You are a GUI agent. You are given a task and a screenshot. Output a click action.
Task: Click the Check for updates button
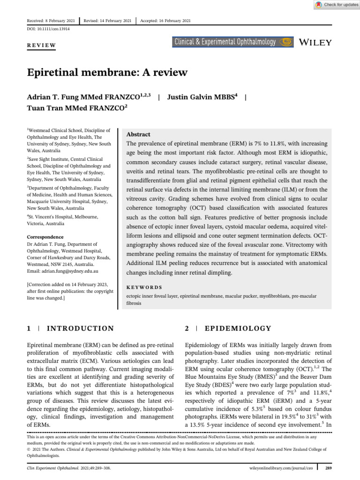[337, 5]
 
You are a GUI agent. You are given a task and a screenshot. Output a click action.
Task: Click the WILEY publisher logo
[315, 42]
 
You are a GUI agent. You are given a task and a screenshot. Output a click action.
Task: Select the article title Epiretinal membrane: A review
[107, 72]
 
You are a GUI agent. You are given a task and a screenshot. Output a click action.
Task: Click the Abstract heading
[139, 134]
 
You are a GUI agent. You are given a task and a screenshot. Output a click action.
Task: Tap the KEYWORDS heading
[144, 287]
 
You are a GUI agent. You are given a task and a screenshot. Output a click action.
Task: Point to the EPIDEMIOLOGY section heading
[238, 329]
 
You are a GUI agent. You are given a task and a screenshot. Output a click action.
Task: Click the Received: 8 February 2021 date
[51, 21]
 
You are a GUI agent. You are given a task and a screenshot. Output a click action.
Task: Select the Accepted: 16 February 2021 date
[165, 21]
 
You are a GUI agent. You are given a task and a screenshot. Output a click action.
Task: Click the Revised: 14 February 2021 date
[108, 21]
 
